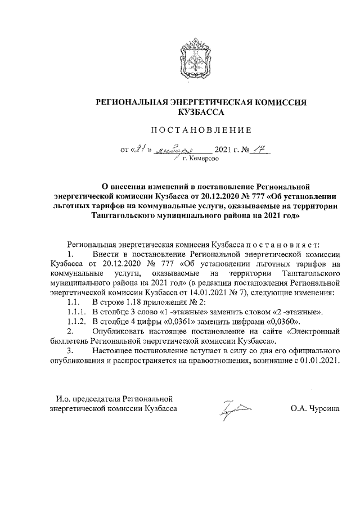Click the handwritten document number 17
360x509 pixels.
click(x=260, y=150)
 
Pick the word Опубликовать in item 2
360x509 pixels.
click(x=118, y=331)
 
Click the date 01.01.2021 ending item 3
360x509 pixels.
click(x=318, y=360)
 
